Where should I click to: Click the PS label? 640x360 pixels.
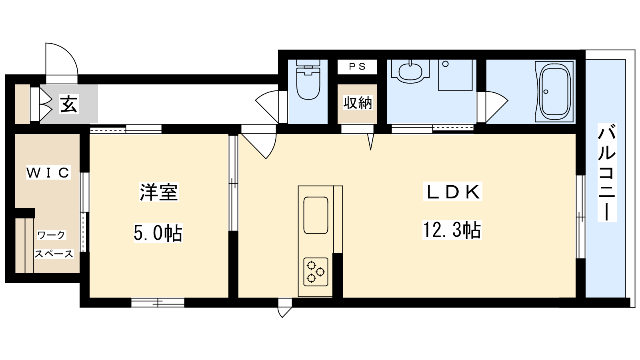pyautogui.click(x=357, y=66)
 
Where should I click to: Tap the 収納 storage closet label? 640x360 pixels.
pyautogui.click(x=358, y=103)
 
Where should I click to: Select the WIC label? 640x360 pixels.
pyautogui.click(x=48, y=172)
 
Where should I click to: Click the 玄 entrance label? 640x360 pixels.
pyautogui.click(x=69, y=104)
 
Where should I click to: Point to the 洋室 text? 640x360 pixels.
pyautogui.click(x=159, y=192)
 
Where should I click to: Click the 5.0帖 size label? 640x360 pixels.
pyautogui.click(x=158, y=233)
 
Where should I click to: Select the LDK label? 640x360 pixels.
pyautogui.click(x=452, y=192)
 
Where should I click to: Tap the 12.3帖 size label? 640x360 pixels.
pyautogui.click(x=452, y=230)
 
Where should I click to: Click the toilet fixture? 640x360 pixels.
pyautogui.click(x=308, y=80)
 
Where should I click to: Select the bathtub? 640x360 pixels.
pyautogui.click(x=554, y=92)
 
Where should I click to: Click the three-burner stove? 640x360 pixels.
pyautogui.click(x=316, y=272)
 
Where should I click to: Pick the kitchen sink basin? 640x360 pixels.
pyautogui.click(x=316, y=215)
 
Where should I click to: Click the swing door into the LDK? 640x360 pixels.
pyautogui.click(x=258, y=142)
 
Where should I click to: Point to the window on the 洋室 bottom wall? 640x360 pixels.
pyautogui.click(x=158, y=302)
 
